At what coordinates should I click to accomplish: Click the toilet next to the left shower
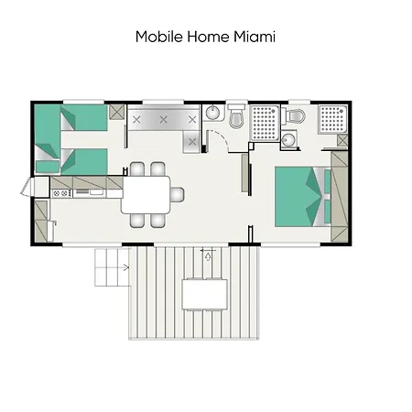(236, 118)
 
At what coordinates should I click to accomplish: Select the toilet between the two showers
(295, 116)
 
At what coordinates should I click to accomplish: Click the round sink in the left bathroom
(211, 113)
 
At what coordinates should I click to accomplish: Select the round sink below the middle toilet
(288, 140)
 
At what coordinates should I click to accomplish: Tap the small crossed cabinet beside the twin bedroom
(115, 113)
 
